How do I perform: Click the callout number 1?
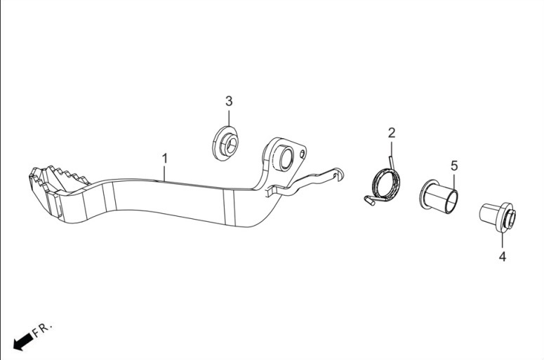click(165, 159)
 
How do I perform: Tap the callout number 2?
click(392, 133)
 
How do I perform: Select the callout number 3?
click(229, 101)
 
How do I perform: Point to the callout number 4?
click(503, 257)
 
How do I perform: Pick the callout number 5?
click(454, 166)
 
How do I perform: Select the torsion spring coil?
click(386, 184)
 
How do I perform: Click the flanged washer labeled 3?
click(225, 143)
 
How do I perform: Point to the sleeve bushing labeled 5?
click(439, 196)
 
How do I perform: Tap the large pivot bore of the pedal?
click(285, 159)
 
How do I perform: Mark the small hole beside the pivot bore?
click(303, 153)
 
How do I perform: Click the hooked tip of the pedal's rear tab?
click(339, 173)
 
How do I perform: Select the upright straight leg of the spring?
click(392, 163)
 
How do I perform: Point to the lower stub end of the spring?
click(369, 201)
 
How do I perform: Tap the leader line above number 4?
click(503, 241)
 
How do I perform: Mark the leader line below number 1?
click(165, 173)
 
